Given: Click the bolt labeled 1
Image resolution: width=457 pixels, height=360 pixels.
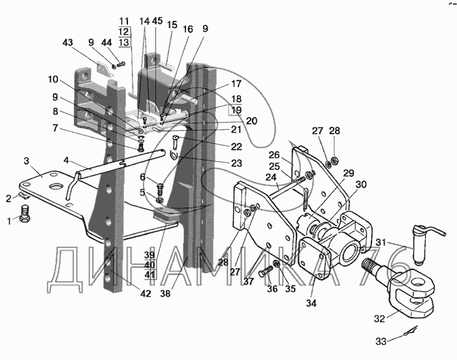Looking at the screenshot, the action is pyautogui.click(x=25, y=213).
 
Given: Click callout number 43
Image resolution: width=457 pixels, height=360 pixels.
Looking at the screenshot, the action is pyautogui.click(x=68, y=43).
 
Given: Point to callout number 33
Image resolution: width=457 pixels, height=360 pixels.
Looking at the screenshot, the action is pyautogui.click(x=381, y=341).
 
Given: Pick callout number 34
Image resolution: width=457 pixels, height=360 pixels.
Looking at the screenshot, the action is pyautogui.click(x=311, y=303).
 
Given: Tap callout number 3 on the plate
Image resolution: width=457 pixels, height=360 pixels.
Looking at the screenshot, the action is pyautogui.click(x=27, y=160).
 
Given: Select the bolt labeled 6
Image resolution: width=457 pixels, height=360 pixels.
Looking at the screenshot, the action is pyautogui.click(x=161, y=188).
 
